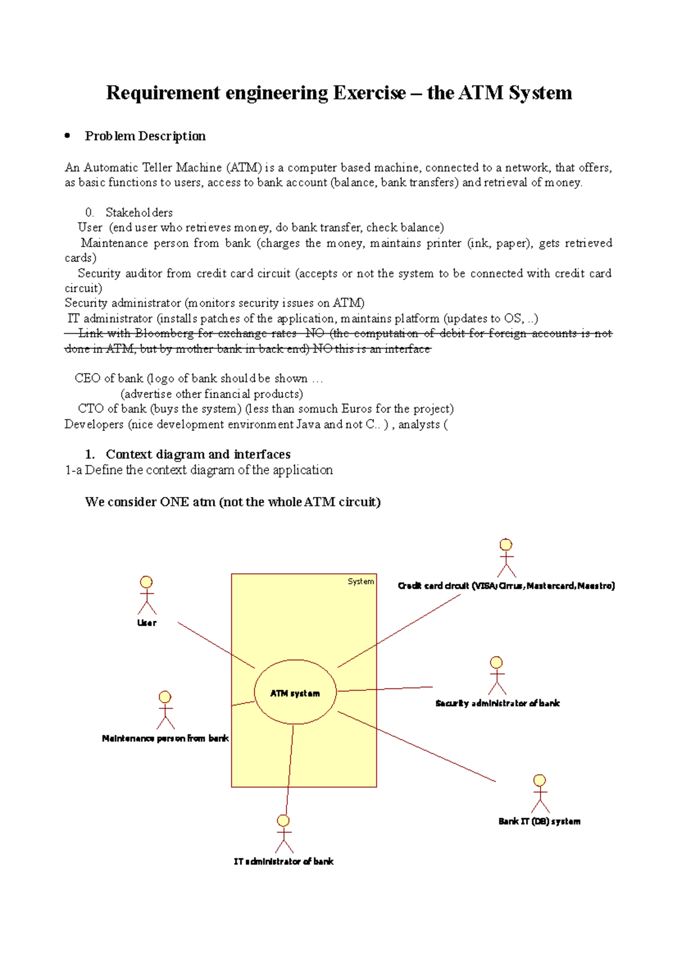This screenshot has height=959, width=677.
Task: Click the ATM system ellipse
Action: tap(295, 692)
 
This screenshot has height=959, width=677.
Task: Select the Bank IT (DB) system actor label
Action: tap(539, 821)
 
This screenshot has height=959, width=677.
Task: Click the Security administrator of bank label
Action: tap(498, 703)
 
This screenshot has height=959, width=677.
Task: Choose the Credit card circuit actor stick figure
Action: tap(506, 557)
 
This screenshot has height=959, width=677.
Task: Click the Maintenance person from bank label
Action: tap(165, 738)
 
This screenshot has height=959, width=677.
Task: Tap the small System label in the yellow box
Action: tap(361, 581)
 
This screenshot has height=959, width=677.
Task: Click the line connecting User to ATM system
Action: tap(216, 645)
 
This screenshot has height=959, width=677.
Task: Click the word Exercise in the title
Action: tap(370, 93)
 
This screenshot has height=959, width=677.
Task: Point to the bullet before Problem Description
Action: tap(68, 136)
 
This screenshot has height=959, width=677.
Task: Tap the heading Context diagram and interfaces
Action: tap(198, 454)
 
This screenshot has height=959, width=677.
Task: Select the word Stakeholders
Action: tap(139, 212)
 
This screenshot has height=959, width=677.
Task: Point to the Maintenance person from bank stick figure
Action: tap(165, 710)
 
